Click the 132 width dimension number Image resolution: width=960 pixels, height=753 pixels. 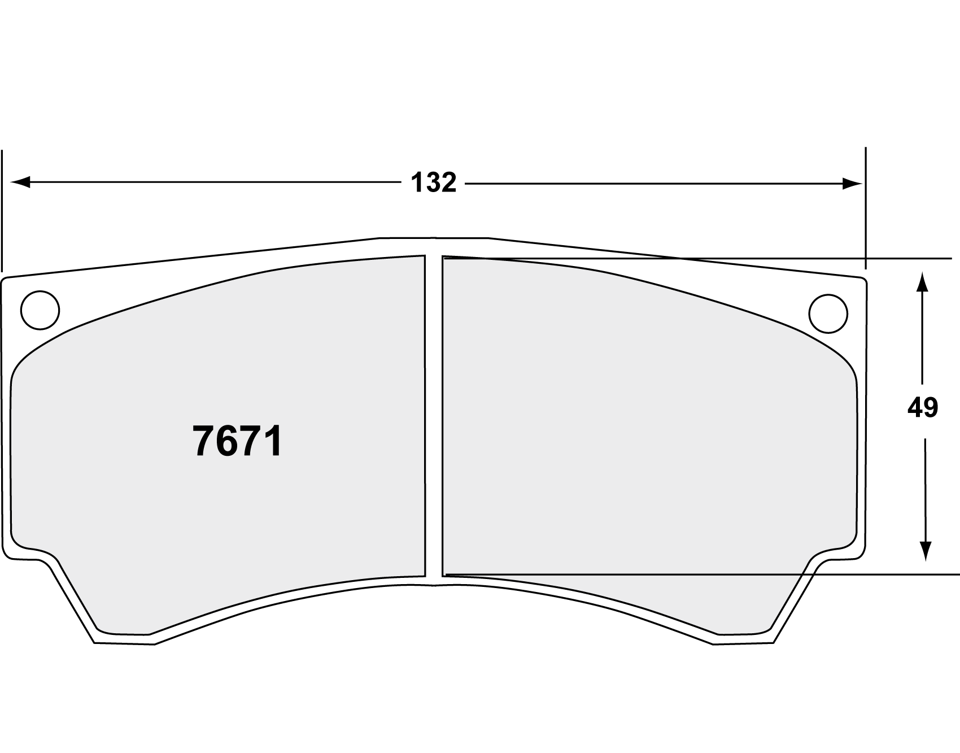[433, 183]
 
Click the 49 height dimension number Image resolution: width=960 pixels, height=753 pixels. [922, 407]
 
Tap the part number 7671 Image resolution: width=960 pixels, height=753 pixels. [237, 441]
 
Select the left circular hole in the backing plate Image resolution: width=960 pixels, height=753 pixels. [40, 310]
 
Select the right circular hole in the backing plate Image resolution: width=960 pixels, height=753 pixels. [828, 313]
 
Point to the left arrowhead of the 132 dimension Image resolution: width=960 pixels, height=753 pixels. [20, 182]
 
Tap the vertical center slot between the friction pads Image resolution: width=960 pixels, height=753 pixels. [434, 418]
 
